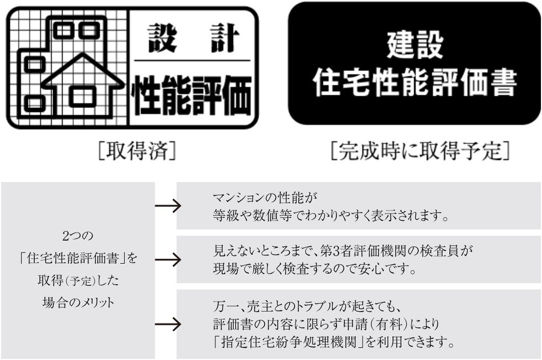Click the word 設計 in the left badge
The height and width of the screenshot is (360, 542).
pyautogui.click(x=193, y=38)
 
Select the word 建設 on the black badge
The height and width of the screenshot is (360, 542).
pyautogui.click(x=415, y=45)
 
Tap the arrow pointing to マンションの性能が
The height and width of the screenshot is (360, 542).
pyautogui.click(x=168, y=207)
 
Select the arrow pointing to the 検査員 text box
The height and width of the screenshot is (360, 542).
pyautogui.click(x=168, y=259)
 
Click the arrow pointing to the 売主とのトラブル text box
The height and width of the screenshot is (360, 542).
pyautogui.click(x=168, y=324)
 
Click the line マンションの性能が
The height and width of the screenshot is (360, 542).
pyautogui.click(x=267, y=197)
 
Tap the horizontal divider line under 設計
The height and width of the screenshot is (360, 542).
pyautogui.click(x=192, y=60)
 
